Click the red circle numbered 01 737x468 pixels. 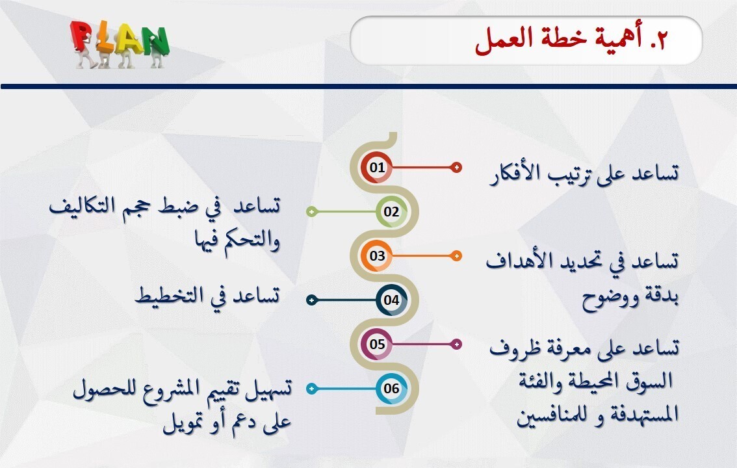coord(378,167)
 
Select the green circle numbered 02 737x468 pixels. coord(391,211)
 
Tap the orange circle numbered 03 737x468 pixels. coord(378,255)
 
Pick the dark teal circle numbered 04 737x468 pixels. coord(391,300)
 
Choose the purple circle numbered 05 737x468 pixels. coord(378,344)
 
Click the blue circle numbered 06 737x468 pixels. coord(391,389)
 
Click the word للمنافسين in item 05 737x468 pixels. coord(552,414)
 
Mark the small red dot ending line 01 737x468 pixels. coord(457,167)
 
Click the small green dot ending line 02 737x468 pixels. coord(311,211)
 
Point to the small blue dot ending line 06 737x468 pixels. coord(311,389)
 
